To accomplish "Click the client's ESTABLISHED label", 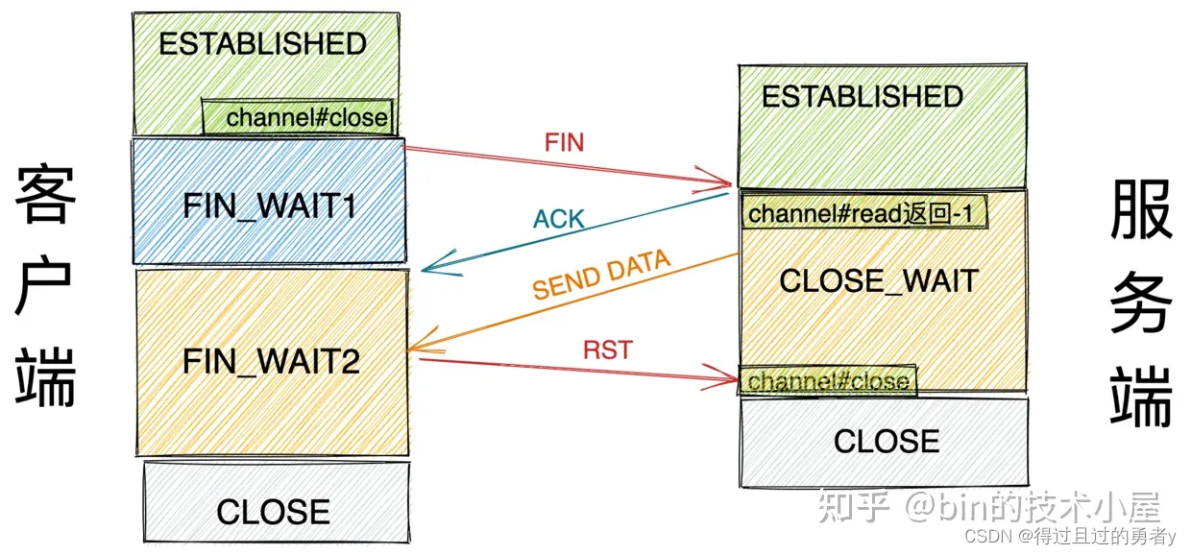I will click(262, 44).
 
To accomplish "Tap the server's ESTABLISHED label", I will click(862, 97).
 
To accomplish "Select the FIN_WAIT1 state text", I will click(270, 207).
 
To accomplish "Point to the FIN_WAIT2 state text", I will click(271, 362).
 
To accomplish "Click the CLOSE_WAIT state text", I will click(878, 280).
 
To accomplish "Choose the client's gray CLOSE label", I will click(273, 512).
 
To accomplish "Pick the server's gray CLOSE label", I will click(886, 442).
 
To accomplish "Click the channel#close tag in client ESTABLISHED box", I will click(306, 118).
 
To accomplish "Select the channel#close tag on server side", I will click(828, 381).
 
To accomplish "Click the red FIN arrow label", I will click(564, 143).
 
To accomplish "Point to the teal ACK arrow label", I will click(558, 219).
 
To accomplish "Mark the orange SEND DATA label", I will click(600, 274).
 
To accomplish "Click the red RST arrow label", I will click(607, 350).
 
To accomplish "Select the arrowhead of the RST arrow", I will click(727, 377).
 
